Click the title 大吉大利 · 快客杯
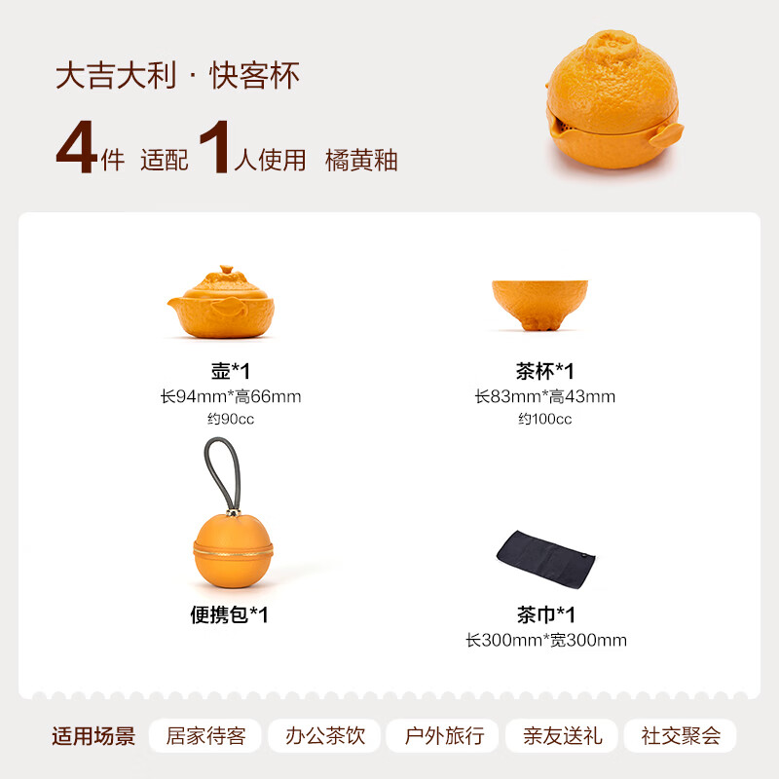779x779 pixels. click(x=177, y=76)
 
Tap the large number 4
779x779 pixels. click(x=76, y=147)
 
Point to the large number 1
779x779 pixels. click(x=215, y=147)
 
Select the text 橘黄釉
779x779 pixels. click(x=361, y=161)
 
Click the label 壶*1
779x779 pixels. click(x=231, y=371)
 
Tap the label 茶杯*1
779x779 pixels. click(x=545, y=371)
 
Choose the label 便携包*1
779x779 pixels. click(x=230, y=614)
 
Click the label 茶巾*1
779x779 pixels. click(x=546, y=614)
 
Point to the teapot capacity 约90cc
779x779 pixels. click(x=231, y=419)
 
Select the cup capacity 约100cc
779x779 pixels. click(x=545, y=419)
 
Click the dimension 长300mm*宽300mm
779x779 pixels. click(x=546, y=640)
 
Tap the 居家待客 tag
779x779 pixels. click(x=205, y=736)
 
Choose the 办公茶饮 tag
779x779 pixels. click(x=325, y=736)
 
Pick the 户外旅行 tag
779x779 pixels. click(x=444, y=736)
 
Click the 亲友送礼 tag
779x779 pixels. click(x=563, y=736)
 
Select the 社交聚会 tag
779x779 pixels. click(x=681, y=736)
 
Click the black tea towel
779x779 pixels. click(x=545, y=559)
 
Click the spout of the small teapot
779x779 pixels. click(x=174, y=303)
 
